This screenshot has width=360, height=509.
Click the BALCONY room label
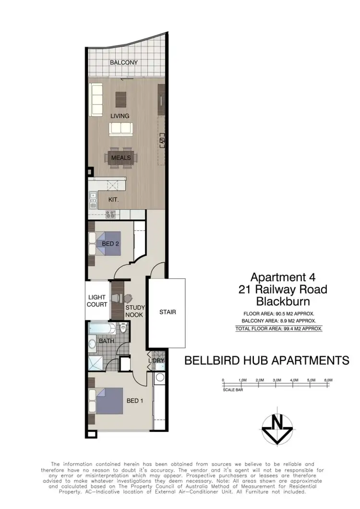coord(124,62)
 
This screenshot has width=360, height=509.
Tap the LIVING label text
coord(120,116)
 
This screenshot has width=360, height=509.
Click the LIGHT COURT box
coord(97,300)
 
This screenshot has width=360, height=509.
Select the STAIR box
coord(168,312)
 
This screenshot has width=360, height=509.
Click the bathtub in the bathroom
coord(102,330)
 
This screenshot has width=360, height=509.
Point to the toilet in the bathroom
coord(123,331)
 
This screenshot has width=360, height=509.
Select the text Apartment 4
coord(281,277)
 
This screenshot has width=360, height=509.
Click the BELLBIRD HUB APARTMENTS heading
coord(267,360)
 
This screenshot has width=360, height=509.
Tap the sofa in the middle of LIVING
coord(121,128)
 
